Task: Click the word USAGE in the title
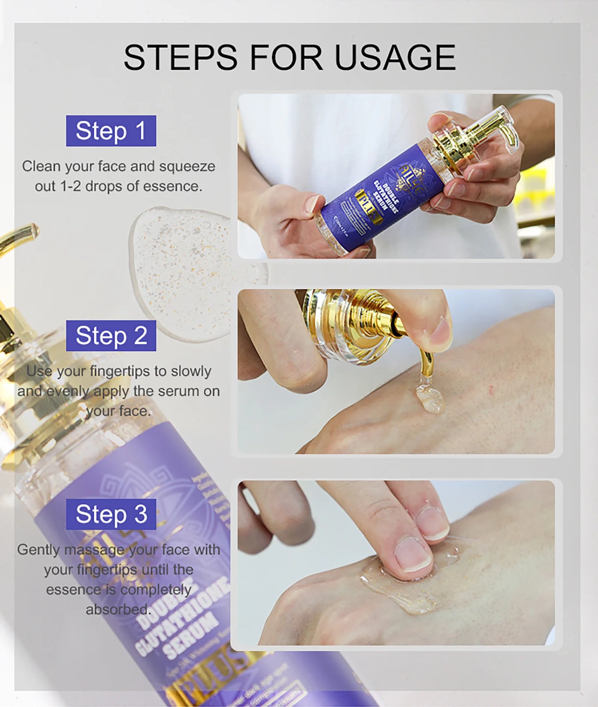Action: (395, 58)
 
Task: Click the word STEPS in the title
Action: (180, 58)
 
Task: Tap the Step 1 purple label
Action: (111, 131)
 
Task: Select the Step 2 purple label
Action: (111, 336)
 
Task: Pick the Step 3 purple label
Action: (111, 514)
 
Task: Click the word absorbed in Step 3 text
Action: (118, 609)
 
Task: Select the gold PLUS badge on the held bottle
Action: (368, 207)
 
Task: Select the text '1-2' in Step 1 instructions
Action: (71, 186)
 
